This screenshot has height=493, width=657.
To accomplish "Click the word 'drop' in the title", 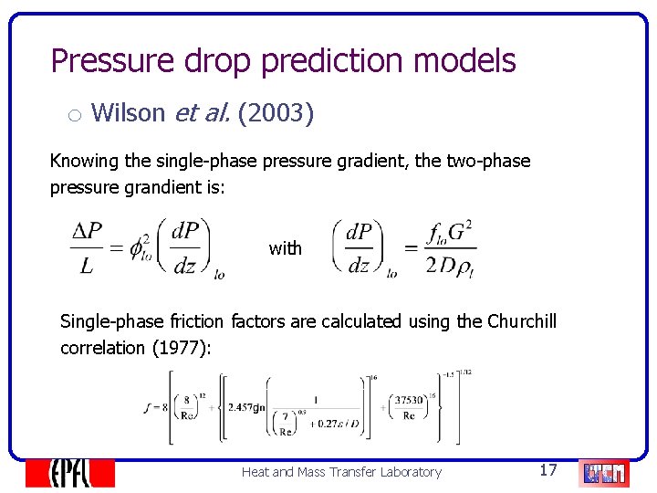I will [x=218, y=61].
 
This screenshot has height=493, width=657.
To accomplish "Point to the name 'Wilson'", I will [x=129, y=113].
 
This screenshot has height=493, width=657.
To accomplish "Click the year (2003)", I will [x=276, y=113].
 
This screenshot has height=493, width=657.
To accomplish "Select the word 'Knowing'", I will [x=84, y=162].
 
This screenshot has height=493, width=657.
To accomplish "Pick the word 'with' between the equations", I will [x=285, y=248].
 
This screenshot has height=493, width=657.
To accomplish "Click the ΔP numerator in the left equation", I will [x=87, y=232].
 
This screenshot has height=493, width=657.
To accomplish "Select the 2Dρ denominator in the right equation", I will [x=452, y=265].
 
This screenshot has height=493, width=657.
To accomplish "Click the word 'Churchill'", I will [x=521, y=321].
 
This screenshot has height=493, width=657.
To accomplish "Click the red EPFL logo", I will [x=69, y=472].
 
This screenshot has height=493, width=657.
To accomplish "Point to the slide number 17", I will [x=547, y=470].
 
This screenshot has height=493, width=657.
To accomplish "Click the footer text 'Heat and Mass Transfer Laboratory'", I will [x=341, y=472].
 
